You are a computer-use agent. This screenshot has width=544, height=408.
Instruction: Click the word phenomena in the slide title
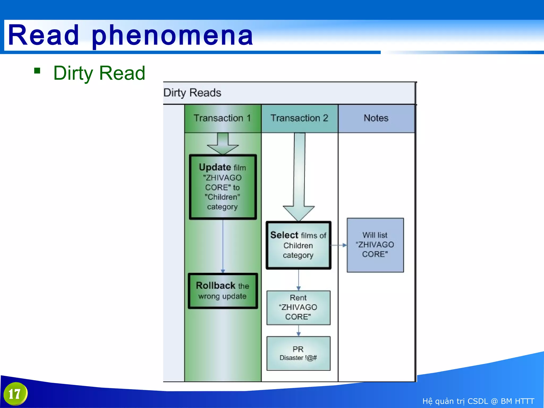[x=172, y=35]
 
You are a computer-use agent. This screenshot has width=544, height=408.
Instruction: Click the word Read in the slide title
[x=44, y=35]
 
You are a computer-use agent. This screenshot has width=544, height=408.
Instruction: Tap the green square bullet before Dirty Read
[x=37, y=71]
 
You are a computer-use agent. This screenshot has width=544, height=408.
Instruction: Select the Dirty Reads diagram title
[x=192, y=93]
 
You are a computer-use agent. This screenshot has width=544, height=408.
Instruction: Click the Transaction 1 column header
[x=222, y=118]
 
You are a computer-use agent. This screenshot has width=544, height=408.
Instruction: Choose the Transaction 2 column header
[x=299, y=118]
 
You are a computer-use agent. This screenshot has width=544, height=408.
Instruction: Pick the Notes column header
[x=376, y=118]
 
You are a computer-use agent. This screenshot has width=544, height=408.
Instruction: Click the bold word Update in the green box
[x=215, y=167]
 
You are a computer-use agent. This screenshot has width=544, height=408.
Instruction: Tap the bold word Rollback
[x=215, y=286]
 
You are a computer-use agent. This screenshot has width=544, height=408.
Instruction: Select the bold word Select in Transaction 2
[x=284, y=235]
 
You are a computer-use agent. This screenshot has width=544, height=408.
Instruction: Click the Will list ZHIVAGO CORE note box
[x=375, y=245]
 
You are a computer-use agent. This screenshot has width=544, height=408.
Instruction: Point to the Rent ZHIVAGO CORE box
[x=298, y=308]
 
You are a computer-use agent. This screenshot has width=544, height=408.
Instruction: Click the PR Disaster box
[x=298, y=353]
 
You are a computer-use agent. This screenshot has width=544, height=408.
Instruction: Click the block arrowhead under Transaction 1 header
[x=223, y=149]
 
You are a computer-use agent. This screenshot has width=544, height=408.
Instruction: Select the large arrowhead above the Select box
[x=299, y=212]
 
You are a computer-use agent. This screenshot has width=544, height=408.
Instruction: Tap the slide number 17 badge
[x=15, y=394]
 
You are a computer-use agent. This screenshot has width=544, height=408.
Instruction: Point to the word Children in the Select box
[x=298, y=246]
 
